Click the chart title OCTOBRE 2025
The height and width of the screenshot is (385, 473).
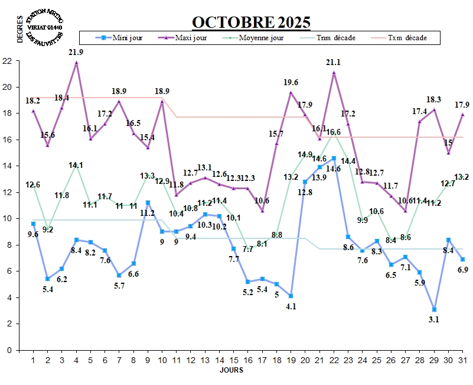[x=251, y=22]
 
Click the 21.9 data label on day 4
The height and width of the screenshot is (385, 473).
[x=76, y=52]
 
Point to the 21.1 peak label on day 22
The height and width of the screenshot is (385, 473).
[x=334, y=62]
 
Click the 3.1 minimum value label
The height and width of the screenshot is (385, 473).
[x=434, y=319]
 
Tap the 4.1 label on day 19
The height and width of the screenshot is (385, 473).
[x=291, y=306]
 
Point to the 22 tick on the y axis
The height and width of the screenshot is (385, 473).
[x=7, y=61]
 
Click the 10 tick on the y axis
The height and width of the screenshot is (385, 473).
[x=7, y=219]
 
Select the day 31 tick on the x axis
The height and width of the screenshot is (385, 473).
[x=463, y=360]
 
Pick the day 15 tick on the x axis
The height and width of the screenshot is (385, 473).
[x=234, y=360]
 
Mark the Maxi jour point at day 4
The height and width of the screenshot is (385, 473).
[x=76, y=62]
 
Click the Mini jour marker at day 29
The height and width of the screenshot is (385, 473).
[x=434, y=309]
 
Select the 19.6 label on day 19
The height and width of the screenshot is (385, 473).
[x=291, y=82]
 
